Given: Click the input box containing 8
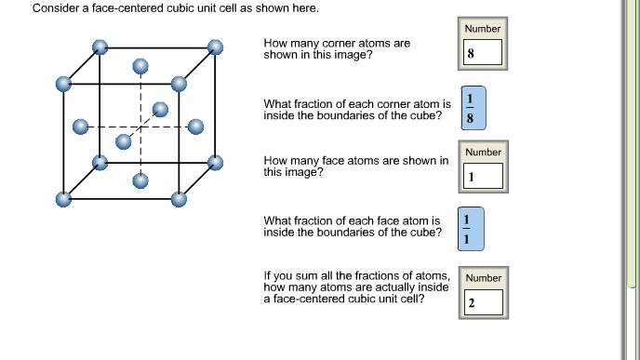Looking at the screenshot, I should click(483, 53).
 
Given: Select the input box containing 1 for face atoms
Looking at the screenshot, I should click(483, 176).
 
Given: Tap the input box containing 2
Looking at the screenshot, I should click(483, 302).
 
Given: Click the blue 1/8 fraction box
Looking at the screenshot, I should click(472, 109).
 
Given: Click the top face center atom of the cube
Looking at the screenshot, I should click(140, 66).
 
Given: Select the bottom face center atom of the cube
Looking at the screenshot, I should click(140, 180).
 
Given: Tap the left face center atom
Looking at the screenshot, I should click(81, 125).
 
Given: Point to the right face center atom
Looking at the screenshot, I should click(195, 126).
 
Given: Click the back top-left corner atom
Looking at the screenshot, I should click(100, 46).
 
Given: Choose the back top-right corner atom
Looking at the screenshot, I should click(216, 46).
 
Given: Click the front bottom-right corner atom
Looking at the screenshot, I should click(179, 198).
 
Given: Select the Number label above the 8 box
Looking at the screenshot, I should click(483, 28).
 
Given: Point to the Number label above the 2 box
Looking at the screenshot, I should click(483, 277).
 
